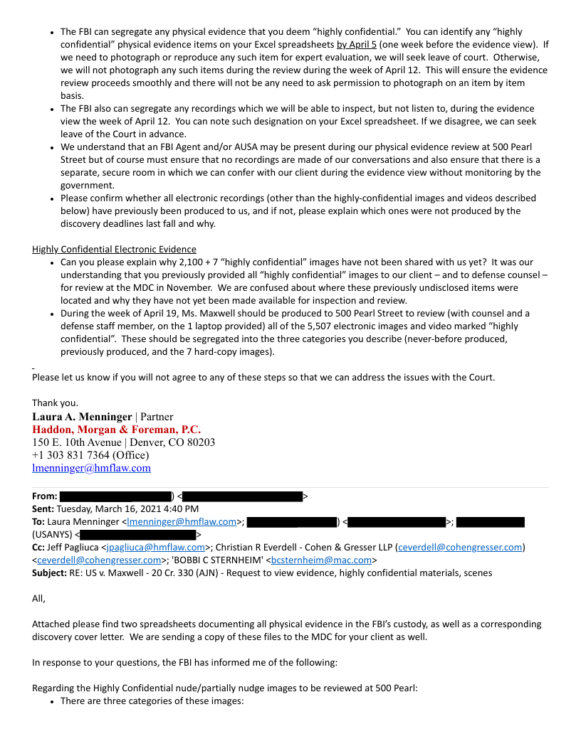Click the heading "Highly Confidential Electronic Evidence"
point(114,249)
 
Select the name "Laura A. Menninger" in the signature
point(82,417)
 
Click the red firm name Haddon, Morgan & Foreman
point(116,430)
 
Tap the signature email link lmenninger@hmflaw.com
point(91,468)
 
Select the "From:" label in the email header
point(44,496)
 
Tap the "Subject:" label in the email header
point(49,572)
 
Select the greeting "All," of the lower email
point(38,598)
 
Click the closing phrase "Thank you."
point(55,403)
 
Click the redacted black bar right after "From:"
point(115,496)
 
